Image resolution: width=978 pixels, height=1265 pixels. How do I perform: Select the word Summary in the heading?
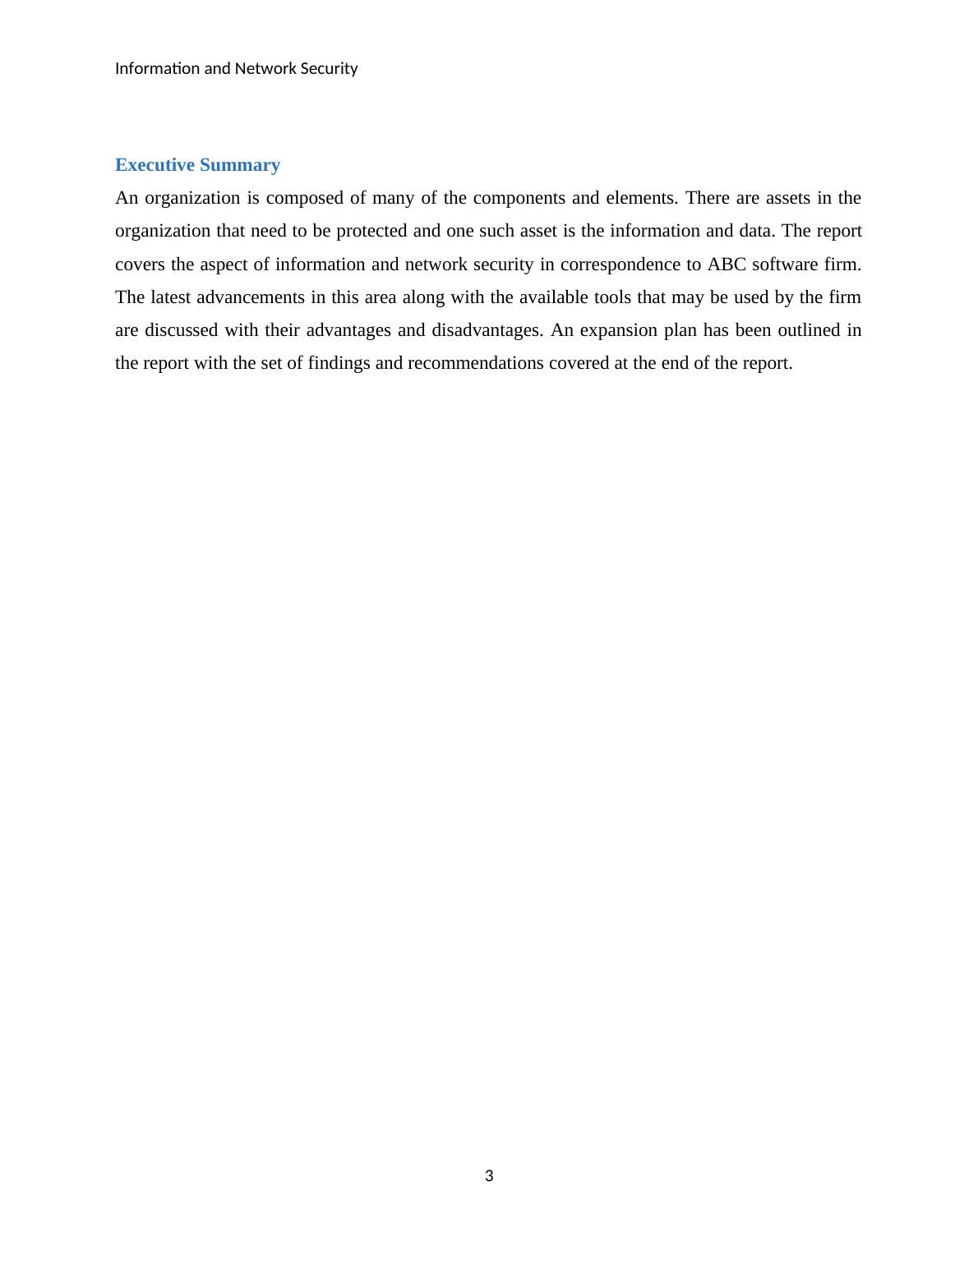coord(240,165)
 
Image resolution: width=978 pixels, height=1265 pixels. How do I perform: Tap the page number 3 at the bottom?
coord(489,1176)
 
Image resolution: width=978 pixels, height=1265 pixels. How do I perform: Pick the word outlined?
coord(810,330)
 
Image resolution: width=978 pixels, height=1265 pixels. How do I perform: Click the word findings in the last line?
coord(339,363)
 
